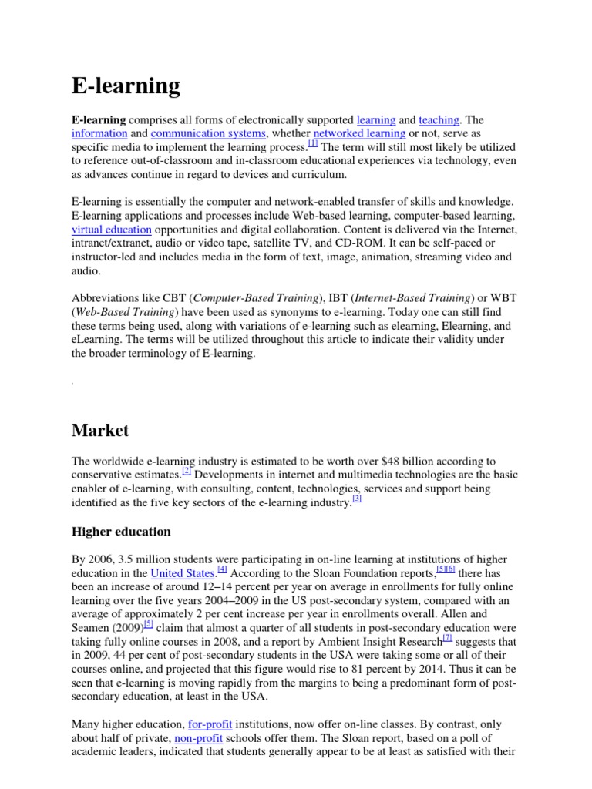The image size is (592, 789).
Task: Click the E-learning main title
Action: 126,86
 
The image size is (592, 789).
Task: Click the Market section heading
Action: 100,430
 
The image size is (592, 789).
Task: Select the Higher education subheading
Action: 121,532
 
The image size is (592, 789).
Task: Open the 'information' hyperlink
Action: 99,133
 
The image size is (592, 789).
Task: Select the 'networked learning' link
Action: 360,133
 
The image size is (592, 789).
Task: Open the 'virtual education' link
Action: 111,230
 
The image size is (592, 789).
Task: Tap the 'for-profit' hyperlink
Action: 210,724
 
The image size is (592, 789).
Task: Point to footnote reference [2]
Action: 187,472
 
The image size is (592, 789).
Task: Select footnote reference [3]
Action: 356,499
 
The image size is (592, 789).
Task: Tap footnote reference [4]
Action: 222,569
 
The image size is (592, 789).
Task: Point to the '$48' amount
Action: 383,462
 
